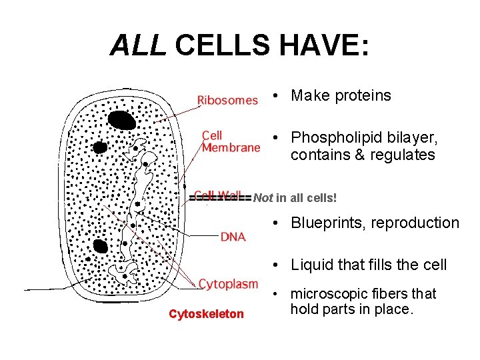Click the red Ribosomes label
point(227,100)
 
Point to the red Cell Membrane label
point(231,141)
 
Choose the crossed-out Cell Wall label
point(218,197)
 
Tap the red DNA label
point(233,236)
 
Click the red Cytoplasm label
point(228,284)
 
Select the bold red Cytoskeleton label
point(206,314)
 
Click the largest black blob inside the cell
point(122,120)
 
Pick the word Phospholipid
point(333,138)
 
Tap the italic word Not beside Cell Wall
point(263,198)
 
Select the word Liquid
point(311,265)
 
